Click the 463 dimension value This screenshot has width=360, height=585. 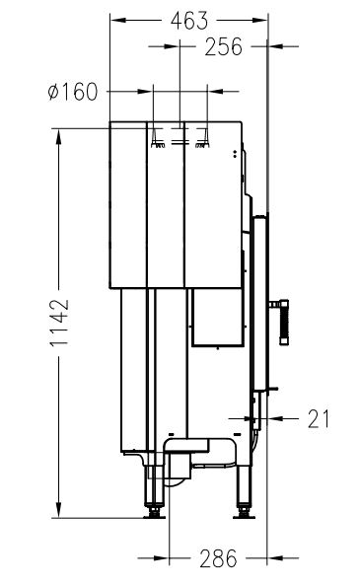(x=189, y=21)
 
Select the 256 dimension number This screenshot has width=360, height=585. (x=224, y=46)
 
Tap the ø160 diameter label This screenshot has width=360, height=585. (x=73, y=92)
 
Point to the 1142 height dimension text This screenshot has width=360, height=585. (x=59, y=323)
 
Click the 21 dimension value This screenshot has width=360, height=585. (x=319, y=419)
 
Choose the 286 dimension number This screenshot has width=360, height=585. (x=218, y=558)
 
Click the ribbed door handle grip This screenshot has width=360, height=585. (x=284, y=322)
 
